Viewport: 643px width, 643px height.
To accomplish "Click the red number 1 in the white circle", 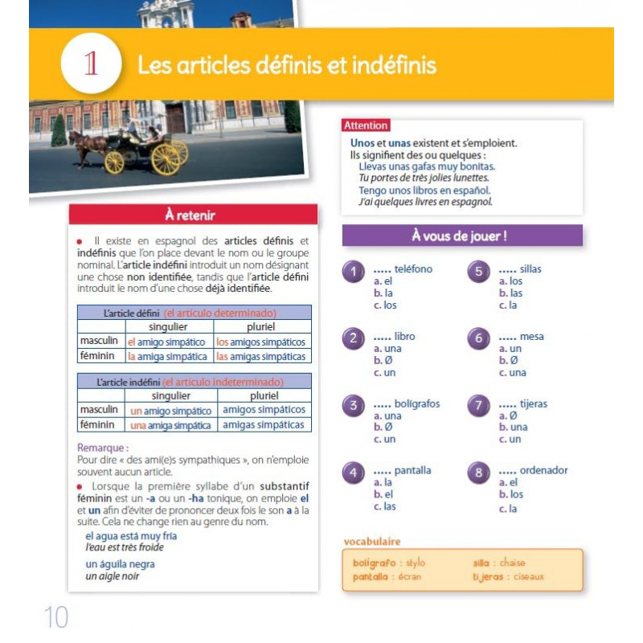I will coord(91,64).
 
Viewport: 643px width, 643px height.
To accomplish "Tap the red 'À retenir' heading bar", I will coord(192,215).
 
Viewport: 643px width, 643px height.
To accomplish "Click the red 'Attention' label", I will coord(366,125).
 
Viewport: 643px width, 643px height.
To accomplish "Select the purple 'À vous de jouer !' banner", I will coord(462,235).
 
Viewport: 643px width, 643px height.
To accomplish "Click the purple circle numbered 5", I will coord(478,272).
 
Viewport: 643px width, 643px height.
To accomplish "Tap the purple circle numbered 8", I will coord(478,473).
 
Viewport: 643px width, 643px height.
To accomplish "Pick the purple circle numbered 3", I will coord(353,406).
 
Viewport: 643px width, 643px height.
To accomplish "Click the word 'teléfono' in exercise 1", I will coord(413,269).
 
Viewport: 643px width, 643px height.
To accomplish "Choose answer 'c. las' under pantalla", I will coord(384,506).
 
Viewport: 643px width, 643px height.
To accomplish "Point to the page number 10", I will coord(55,617).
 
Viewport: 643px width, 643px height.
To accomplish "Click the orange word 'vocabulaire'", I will coord(371,541).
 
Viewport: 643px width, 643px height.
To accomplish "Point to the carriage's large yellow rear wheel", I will coord(165,158).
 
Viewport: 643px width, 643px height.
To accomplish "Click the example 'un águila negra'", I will coord(120,564).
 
